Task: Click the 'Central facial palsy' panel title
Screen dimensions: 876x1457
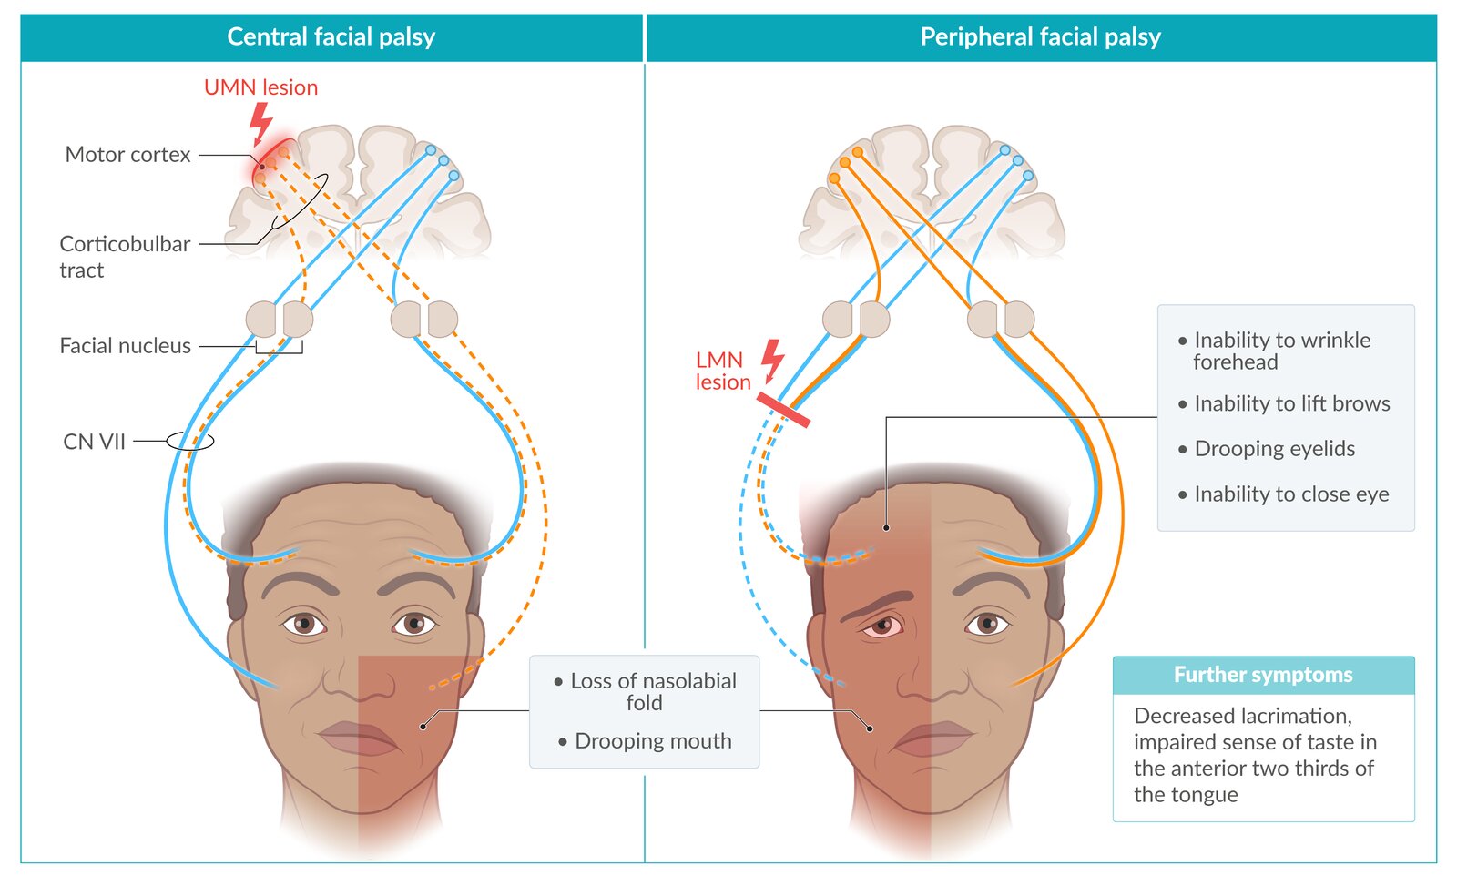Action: point(331,36)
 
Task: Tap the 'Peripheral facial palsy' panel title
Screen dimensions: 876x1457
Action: point(1040,36)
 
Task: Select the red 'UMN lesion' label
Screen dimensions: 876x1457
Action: point(260,87)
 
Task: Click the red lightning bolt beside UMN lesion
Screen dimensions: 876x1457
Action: point(261,122)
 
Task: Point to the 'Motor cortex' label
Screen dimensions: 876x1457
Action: point(127,155)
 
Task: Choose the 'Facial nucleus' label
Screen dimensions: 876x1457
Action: point(125,346)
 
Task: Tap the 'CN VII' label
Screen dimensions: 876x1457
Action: point(94,442)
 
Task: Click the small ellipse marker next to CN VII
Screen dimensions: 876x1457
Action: point(190,442)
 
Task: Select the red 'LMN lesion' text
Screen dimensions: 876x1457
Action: point(722,372)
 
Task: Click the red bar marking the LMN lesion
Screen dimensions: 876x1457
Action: point(783,410)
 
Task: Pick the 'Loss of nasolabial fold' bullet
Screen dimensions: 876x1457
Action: point(652,692)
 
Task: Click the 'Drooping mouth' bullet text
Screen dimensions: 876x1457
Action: point(653,741)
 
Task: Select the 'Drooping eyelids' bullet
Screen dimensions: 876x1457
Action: point(1274,449)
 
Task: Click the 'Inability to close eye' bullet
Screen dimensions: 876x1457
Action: point(1291,494)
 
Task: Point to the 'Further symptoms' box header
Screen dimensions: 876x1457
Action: point(1263,675)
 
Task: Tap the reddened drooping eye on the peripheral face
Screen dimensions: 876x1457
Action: point(881,626)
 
